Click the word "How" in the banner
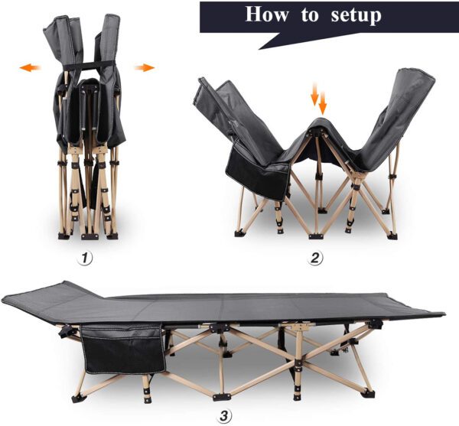point(269,16)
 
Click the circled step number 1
point(86,259)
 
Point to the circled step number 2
point(315,259)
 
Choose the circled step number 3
point(223,416)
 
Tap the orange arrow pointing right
point(143,68)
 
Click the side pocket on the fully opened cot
point(122,349)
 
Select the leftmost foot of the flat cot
point(76,398)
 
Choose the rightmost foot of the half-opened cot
point(392,235)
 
